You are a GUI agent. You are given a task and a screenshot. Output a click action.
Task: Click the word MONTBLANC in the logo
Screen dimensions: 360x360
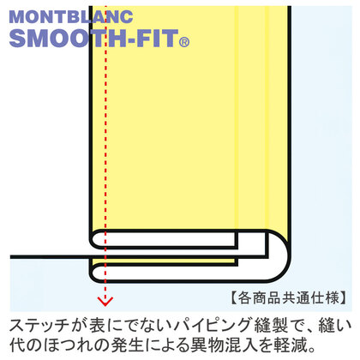pyautogui.click(x=71, y=17)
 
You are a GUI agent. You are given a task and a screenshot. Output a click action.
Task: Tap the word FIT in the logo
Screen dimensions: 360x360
pyautogui.click(x=157, y=38)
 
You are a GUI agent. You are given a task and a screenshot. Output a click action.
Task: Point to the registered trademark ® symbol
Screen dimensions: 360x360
pyautogui.click(x=184, y=42)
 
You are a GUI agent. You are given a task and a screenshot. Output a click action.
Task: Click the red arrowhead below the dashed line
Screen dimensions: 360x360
pyautogui.click(x=105, y=301)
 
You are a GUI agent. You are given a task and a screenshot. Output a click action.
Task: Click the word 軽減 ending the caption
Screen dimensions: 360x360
pyautogui.click(x=291, y=345)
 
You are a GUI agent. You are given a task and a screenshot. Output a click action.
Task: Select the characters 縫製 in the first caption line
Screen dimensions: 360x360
pyautogui.click(x=271, y=326)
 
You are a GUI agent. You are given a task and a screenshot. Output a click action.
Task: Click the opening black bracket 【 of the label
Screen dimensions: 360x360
pyautogui.click(x=233, y=298)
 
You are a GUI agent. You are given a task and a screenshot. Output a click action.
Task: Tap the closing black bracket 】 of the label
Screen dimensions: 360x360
pyautogui.click(x=345, y=298)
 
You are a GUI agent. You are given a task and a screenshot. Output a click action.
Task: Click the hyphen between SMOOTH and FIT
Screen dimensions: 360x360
pyautogui.click(x=131, y=40)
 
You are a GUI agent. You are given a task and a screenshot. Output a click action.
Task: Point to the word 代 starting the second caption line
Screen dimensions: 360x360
pyautogui.click(x=18, y=345)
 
